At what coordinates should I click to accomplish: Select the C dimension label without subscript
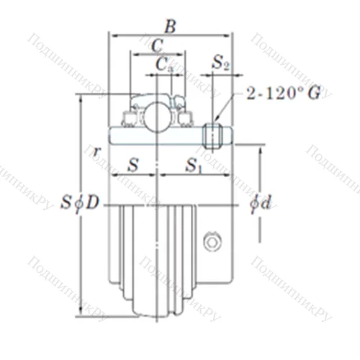click(157, 45)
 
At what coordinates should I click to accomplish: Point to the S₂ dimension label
click(221, 64)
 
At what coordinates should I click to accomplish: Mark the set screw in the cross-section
click(212, 134)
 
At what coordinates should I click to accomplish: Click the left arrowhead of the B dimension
click(112, 34)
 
